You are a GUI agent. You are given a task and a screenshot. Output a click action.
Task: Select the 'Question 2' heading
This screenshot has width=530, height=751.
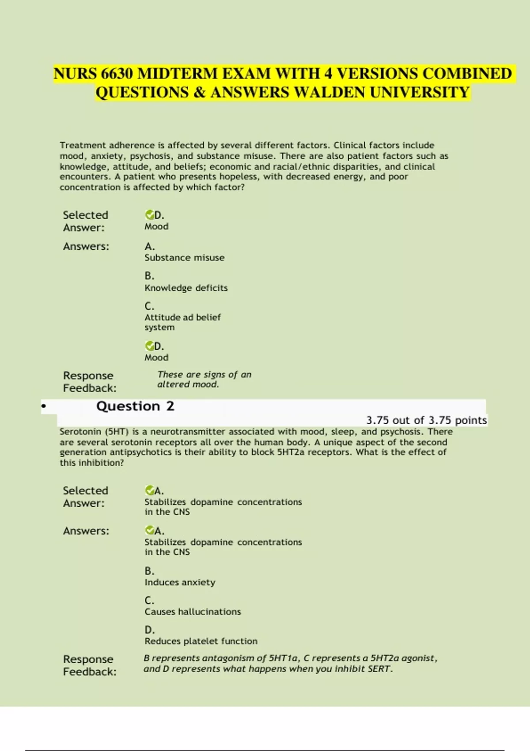click(x=135, y=406)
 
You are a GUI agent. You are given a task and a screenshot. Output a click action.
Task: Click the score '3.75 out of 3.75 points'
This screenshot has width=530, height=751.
click(x=426, y=420)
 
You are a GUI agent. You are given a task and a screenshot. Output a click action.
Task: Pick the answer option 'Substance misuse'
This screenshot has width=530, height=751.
click(x=184, y=258)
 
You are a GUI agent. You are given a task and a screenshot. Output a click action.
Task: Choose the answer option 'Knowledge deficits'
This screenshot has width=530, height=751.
click(x=186, y=288)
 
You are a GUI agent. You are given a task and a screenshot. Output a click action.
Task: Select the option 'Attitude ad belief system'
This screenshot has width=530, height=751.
click(x=182, y=322)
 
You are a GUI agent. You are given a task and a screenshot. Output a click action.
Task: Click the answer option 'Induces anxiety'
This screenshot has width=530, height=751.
click(x=180, y=582)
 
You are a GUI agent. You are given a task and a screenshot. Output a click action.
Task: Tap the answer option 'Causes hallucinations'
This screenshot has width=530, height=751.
click(x=193, y=612)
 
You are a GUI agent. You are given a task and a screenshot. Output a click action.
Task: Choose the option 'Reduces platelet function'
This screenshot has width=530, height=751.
click(x=201, y=641)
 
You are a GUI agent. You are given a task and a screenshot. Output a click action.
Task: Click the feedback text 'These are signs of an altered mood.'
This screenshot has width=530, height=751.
click(x=204, y=379)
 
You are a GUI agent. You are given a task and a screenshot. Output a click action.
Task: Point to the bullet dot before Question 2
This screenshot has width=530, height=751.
click(x=43, y=406)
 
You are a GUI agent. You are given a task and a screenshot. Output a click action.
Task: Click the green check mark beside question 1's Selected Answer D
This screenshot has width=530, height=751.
click(x=149, y=215)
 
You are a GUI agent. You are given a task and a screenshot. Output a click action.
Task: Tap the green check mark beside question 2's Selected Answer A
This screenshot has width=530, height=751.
click(x=149, y=490)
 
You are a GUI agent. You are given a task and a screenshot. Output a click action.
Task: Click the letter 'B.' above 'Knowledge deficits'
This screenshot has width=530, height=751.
click(x=149, y=276)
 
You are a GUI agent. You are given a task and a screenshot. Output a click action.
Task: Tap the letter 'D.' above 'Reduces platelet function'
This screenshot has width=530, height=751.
click(x=149, y=630)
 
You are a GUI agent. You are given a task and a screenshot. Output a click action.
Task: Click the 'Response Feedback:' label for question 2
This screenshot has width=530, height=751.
click(x=90, y=665)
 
